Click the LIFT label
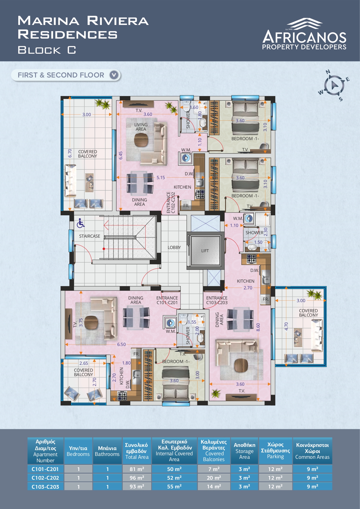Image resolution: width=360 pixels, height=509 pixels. click(205, 251)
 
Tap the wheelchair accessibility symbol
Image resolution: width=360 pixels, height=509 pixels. click(81, 223)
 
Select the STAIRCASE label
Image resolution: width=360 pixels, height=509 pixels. click(90, 236)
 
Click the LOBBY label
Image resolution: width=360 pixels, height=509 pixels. click(174, 248)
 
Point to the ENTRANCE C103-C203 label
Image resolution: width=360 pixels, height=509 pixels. click(217, 300)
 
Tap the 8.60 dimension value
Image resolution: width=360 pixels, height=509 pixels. click(258, 327)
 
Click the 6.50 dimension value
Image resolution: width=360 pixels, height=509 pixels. click(122, 344)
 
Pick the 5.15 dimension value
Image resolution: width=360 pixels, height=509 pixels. click(161, 178)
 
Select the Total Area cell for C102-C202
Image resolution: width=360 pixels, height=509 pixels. click(137, 478)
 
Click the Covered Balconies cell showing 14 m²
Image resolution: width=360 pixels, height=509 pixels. click(214, 486)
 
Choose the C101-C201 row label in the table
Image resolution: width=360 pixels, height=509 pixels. click(45, 469)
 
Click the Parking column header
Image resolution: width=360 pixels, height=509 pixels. click(275, 450)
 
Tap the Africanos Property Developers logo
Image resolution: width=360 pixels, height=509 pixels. click(304, 34)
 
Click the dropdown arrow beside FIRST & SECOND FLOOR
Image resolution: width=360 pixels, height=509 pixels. click(114, 75)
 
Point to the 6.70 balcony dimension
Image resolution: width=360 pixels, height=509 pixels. click(70, 154)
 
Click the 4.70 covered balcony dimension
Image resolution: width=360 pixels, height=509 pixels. click(286, 326)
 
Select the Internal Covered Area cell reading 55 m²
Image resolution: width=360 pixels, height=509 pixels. click(174, 486)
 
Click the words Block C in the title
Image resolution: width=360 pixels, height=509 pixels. click(47, 50)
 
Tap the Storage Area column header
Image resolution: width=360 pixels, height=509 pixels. click(245, 450)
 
